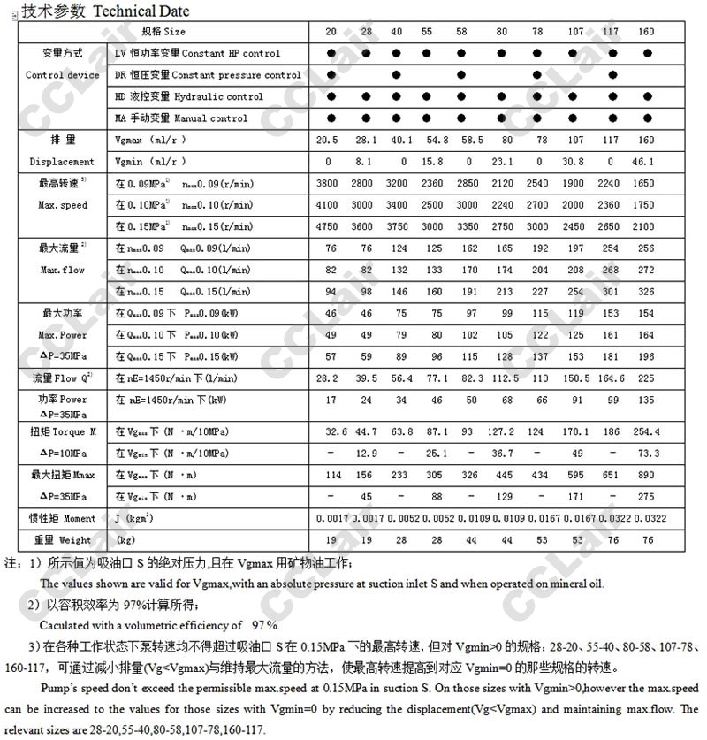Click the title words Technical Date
(x=141, y=11)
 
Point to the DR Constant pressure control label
(x=208, y=75)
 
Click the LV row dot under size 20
(x=331, y=54)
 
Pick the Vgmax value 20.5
(x=328, y=141)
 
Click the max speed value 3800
(x=328, y=184)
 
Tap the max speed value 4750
(x=328, y=226)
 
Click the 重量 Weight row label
(x=63, y=539)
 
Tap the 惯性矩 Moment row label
(x=65, y=518)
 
